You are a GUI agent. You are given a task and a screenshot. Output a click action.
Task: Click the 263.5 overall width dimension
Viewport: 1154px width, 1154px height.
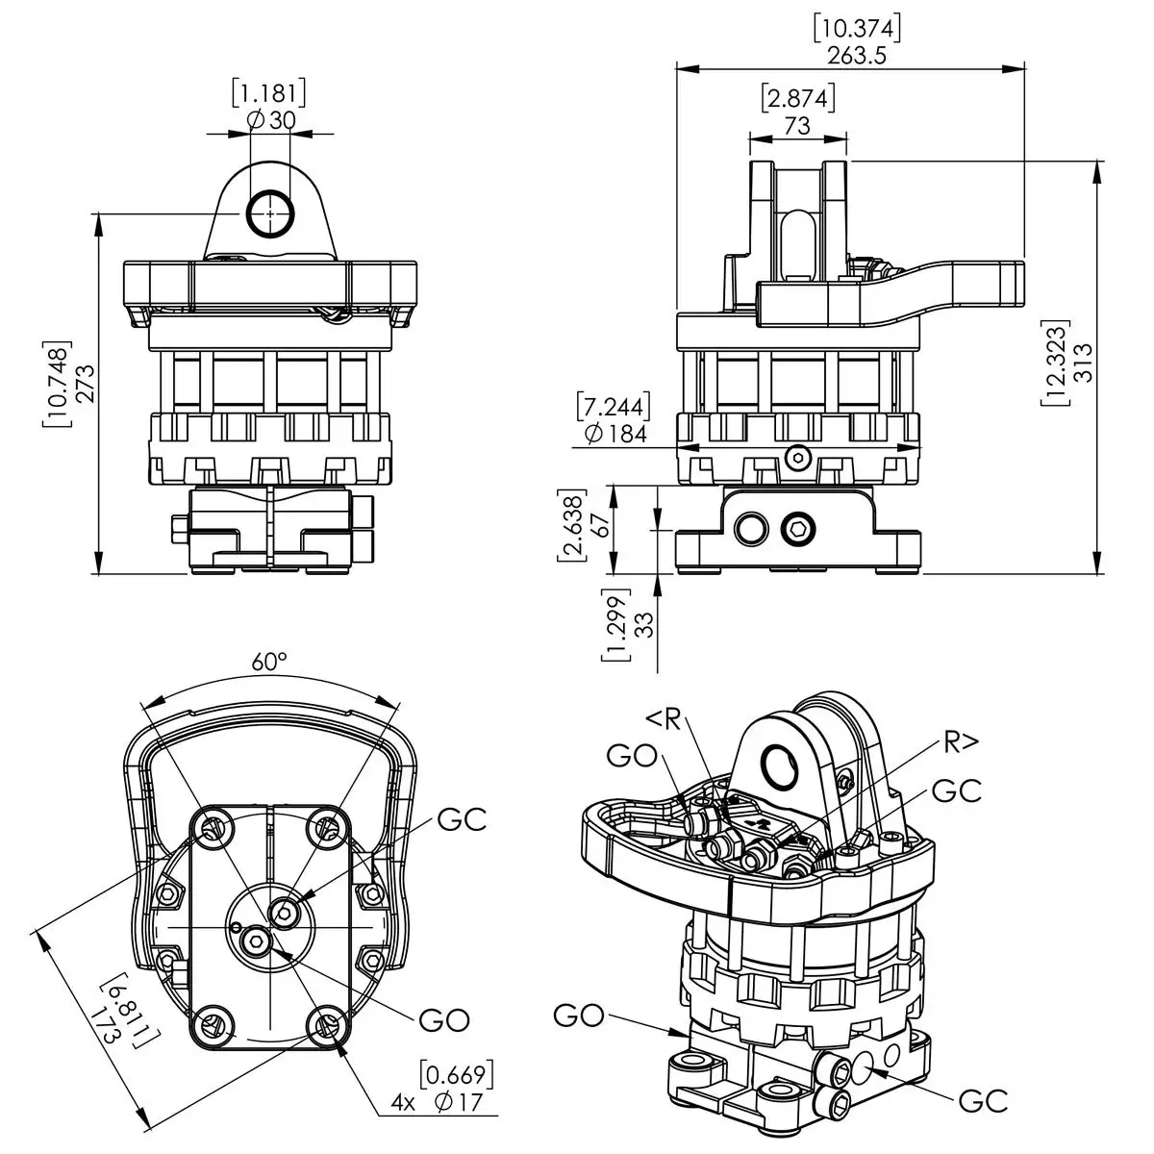click(x=856, y=54)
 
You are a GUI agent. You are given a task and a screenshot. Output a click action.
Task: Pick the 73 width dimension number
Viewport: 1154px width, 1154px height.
click(x=797, y=124)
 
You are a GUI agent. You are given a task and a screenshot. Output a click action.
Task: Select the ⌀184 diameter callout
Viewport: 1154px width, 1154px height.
click(x=615, y=434)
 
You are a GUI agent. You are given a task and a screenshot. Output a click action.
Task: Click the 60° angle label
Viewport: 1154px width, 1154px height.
click(x=270, y=663)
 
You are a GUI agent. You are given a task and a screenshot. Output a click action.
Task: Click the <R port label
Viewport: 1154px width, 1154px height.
click(x=664, y=718)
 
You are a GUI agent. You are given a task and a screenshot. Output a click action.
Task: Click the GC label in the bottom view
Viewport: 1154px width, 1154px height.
click(x=462, y=820)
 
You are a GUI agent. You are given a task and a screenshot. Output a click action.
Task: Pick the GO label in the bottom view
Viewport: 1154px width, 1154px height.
click(x=444, y=1020)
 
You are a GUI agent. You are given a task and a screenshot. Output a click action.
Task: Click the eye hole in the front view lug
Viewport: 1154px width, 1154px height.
click(x=269, y=213)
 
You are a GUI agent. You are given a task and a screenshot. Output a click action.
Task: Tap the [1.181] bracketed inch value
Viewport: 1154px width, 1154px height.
click(x=269, y=93)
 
